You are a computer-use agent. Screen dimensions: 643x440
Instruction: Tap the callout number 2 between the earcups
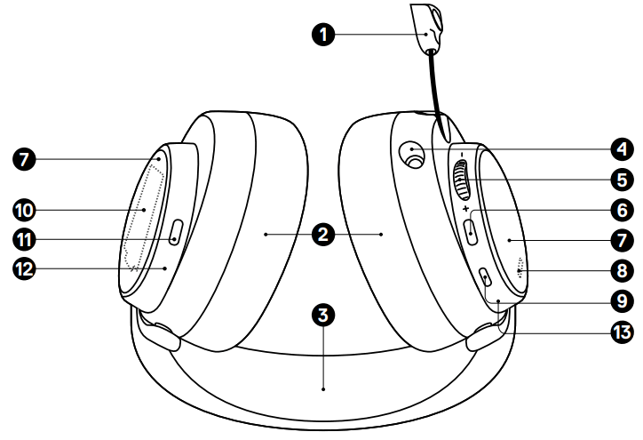[x=324, y=235]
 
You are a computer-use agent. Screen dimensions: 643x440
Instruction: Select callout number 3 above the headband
[x=324, y=314]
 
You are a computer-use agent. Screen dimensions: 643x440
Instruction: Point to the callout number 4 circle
[x=619, y=146]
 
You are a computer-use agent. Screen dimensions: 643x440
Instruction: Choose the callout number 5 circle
[x=619, y=179]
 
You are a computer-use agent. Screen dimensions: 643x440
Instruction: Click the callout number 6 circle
[x=619, y=211]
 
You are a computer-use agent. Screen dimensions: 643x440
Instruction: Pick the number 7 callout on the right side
[x=619, y=240]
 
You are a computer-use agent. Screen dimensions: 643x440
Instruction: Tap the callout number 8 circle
[x=619, y=269]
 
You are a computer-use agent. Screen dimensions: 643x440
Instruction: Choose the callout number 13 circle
[x=619, y=332]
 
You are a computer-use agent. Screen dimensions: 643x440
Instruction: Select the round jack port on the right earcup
[x=412, y=155]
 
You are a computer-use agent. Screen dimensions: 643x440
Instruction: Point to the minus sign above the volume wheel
[x=462, y=151]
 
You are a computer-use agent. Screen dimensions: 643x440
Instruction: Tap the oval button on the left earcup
[x=175, y=234]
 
